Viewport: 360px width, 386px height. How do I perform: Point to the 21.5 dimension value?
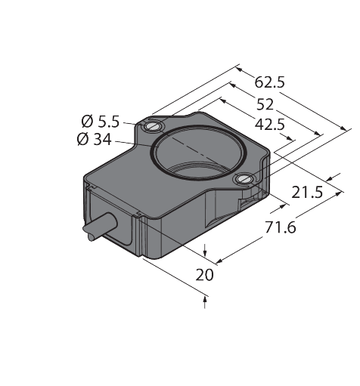click(x=307, y=193)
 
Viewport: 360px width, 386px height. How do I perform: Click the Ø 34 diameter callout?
click(x=95, y=139)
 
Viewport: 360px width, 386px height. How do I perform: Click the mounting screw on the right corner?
click(x=244, y=179)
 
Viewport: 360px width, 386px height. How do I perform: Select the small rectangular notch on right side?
click(x=245, y=203)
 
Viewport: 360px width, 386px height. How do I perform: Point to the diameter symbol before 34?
click(x=82, y=139)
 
